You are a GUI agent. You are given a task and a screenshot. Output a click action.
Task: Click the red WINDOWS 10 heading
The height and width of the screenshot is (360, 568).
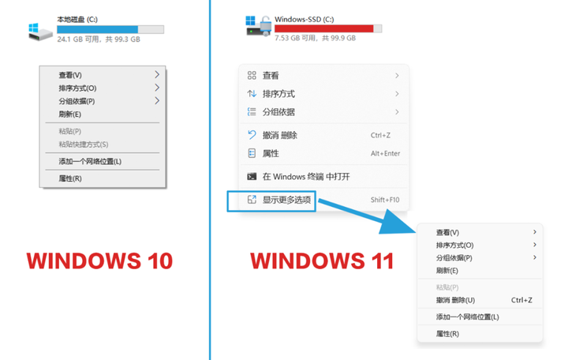point(99,261)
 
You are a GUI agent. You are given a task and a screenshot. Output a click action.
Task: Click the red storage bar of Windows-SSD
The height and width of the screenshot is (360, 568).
point(324,28)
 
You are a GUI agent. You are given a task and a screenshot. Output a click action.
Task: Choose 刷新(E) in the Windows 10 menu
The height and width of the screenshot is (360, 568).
point(69,114)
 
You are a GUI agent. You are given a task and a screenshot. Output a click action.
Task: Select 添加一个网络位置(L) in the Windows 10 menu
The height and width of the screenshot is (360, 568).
point(90,162)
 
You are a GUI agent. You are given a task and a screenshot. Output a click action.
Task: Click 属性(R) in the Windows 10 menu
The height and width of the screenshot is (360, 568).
point(70,178)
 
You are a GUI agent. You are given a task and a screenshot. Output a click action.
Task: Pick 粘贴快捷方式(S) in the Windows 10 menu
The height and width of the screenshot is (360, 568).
point(83,144)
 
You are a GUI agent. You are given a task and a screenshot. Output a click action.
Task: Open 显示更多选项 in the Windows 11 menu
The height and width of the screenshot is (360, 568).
point(288,200)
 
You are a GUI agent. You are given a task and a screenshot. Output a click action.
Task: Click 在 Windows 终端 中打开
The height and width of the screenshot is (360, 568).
point(306,176)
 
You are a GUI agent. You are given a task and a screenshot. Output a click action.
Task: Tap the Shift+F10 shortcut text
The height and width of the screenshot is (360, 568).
point(385,200)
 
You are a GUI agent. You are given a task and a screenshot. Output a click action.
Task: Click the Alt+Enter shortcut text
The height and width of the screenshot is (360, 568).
point(385,153)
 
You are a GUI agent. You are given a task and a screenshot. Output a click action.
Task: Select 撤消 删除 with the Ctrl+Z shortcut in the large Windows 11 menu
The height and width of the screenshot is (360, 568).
point(280,135)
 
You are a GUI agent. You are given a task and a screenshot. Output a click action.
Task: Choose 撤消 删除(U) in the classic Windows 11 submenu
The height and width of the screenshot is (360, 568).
point(455,300)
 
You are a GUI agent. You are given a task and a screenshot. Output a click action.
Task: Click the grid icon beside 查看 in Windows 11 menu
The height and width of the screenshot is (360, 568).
point(252,76)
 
